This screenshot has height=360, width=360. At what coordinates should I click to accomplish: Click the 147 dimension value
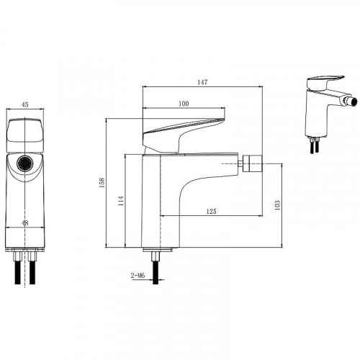202,82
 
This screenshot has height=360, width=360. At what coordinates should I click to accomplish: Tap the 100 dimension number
184,104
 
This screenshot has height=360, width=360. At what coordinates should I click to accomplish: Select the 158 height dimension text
102,183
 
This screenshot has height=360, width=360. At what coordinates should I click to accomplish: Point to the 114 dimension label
121,201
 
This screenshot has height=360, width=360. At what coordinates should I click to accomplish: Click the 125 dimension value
211,211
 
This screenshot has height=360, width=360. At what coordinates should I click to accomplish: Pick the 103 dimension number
277,205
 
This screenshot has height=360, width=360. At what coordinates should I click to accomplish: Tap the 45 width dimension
25,104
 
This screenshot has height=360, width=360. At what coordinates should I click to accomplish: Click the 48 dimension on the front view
25,222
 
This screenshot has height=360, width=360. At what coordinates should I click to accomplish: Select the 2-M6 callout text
138,276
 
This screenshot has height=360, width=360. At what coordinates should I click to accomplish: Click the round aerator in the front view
25,163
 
